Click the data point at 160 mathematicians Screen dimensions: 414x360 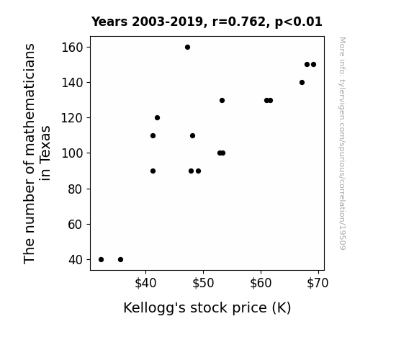click(x=187, y=48)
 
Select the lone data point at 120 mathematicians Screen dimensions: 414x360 click(x=157, y=118)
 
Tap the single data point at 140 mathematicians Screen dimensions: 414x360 click(x=302, y=82)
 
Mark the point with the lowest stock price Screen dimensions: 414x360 click(x=101, y=260)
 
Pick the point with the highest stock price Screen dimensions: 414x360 click(x=313, y=65)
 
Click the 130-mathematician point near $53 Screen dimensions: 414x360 click(x=222, y=100)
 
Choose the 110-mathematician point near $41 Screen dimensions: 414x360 click(x=153, y=136)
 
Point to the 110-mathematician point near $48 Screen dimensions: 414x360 click(x=192, y=136)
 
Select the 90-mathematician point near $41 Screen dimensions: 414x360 click(x=153, y=171)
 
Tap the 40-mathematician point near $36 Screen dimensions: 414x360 click(x=120, y=260)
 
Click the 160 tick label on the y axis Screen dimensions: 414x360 click(x=72, y=48)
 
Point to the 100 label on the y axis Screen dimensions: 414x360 click(x=72, y=153)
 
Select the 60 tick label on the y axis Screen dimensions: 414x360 click(x=76, y=225)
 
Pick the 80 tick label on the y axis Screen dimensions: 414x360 click(x=76, y=189)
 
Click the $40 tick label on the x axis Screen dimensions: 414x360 click(x=145, y=283)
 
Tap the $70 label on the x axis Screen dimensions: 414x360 click(x=318, y=283)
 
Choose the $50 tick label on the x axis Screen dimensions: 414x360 click(x=203, y=283)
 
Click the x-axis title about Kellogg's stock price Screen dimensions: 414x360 click(x=207, y=308)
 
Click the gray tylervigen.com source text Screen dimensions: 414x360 click(x=342, y=143)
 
